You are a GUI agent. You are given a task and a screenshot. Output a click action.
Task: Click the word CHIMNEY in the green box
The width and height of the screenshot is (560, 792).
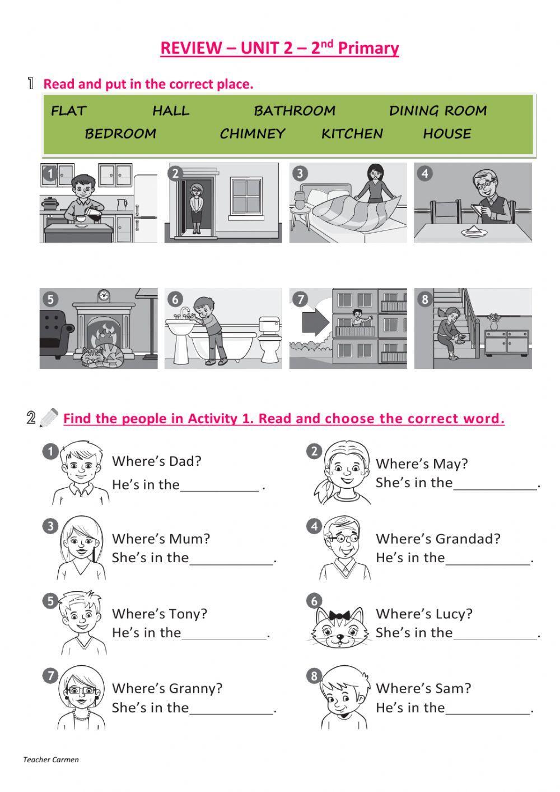252,134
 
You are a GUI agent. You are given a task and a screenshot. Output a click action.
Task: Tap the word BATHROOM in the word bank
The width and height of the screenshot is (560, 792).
295,111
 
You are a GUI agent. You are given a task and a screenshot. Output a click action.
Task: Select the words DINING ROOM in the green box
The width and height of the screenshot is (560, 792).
438,111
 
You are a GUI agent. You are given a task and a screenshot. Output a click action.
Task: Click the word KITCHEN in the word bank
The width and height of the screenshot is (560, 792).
352,134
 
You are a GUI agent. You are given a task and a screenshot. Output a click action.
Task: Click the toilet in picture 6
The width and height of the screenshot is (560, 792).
269,339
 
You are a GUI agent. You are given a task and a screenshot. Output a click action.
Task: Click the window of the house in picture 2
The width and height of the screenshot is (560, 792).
246,197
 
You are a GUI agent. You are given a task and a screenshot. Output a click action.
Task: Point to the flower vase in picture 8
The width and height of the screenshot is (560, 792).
493,321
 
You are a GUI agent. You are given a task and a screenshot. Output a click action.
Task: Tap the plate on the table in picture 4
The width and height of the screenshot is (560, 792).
473,231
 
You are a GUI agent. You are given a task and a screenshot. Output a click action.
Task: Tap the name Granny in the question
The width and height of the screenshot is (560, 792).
195,688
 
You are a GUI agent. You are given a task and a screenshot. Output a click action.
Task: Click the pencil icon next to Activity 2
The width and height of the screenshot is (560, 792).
49,418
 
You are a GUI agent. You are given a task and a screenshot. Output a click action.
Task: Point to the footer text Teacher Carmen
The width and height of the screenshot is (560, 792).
51,760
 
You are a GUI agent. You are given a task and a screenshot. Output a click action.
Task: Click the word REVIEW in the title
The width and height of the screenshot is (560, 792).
191,48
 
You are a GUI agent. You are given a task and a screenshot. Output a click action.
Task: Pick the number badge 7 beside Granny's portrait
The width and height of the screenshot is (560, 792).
50,675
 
